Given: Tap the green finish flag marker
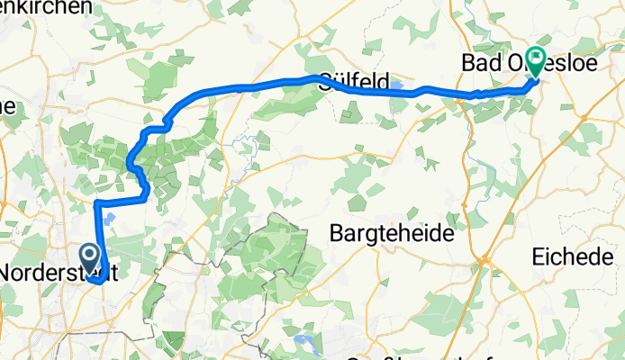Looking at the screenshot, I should click(536, 60).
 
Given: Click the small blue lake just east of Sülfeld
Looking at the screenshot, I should click(397, 87).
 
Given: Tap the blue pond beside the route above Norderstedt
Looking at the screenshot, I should click(109, 216).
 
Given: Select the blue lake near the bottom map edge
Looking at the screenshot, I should click(302, 341).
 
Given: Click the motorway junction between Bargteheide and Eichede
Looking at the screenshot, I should click(485, 258).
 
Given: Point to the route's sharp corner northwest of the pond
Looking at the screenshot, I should click(96, 205).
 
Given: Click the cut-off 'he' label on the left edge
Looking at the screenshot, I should click(8, 106).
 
